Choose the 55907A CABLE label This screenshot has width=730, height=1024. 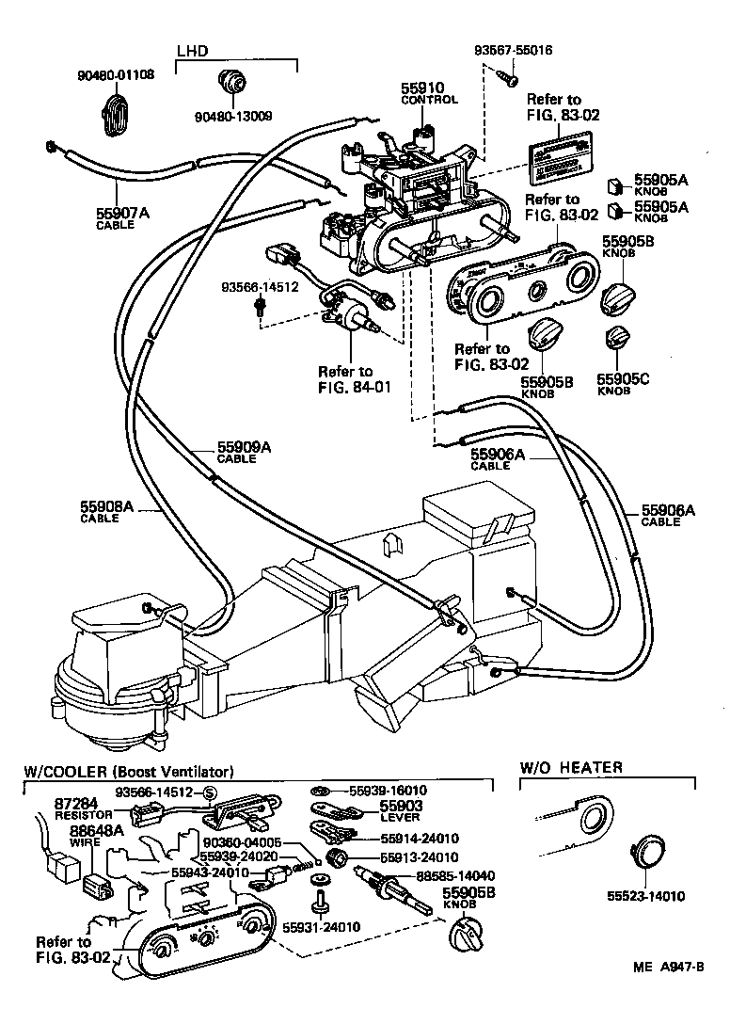(x=123, y=217)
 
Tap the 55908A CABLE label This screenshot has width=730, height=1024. (x=108, y=511)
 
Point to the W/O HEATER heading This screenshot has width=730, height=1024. (x=571, y=767)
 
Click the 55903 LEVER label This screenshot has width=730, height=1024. (x=401, y=810)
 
